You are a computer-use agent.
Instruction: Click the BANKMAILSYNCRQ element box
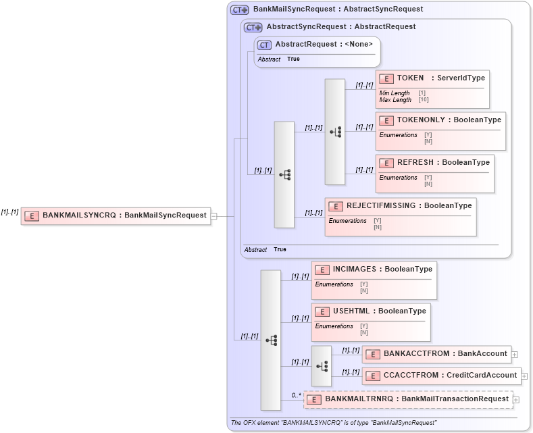coord(116,215)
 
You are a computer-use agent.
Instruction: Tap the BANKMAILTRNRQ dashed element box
coord(408,399)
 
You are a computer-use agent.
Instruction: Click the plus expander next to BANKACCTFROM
coord(515,354)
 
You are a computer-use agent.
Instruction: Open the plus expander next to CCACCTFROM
coord(524,376)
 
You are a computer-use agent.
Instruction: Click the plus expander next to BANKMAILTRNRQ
coord(517,400)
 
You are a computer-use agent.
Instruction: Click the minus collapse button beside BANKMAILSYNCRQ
coord(213,216)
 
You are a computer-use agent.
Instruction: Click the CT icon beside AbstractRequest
coord(264,45)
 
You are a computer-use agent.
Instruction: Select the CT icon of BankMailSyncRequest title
coord(239,9)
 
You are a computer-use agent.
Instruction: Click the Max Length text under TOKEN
coord(395,100)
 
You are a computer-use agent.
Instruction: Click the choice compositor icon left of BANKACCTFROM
coord(322,365)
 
